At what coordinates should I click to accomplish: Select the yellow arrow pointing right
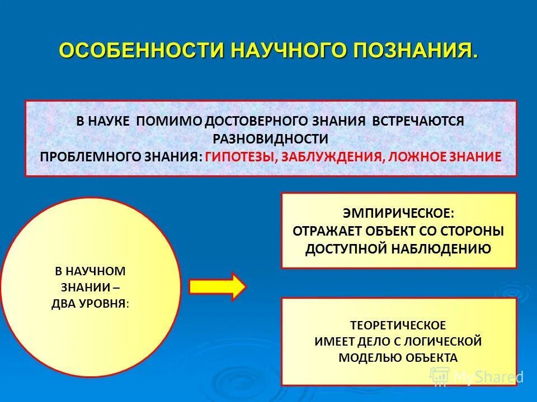click(218, 286)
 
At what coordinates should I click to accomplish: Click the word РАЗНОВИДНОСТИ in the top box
click(270, 138)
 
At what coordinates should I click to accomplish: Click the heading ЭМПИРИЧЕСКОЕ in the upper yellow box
click(398, 213)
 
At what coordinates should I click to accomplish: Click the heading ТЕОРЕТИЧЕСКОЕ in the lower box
click(398, 324)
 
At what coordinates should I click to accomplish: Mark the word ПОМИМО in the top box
click(168, 121)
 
